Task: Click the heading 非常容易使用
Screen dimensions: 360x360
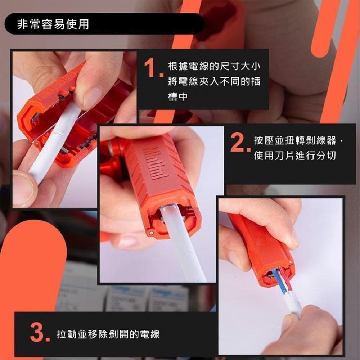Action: point(53,24)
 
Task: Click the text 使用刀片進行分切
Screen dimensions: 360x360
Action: point(295,156)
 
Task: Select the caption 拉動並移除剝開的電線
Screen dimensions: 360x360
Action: point(108,334)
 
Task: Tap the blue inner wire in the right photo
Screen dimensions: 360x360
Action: point(278,283)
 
